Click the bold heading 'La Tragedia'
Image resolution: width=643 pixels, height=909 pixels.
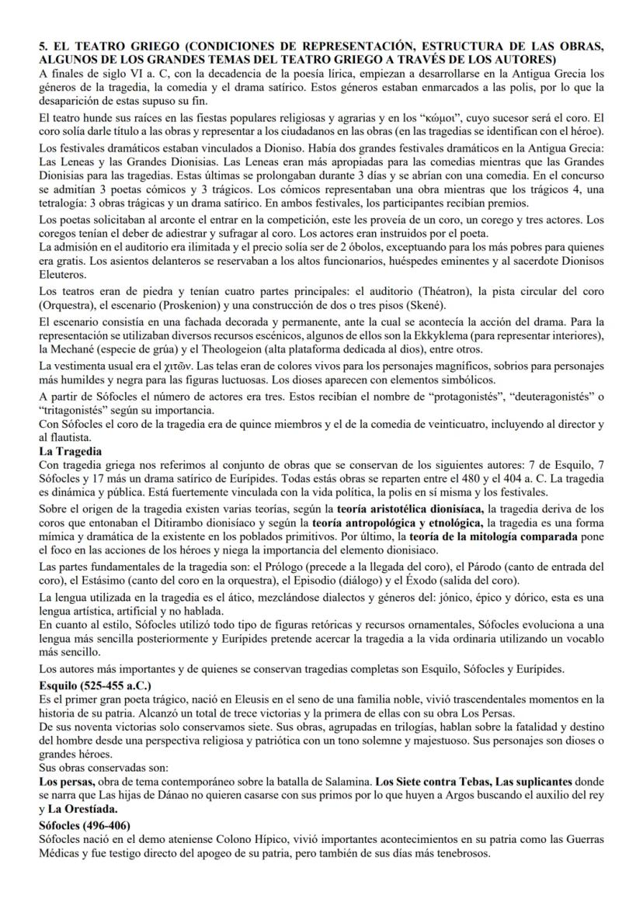(x=71, y=450)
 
